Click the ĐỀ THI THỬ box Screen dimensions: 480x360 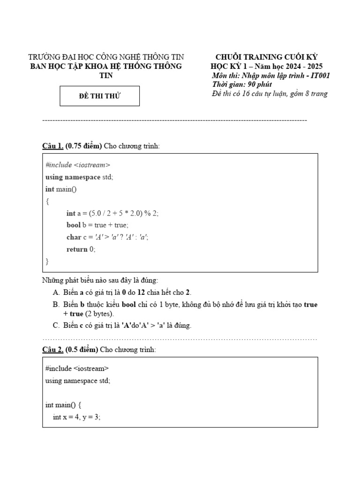point(100,96)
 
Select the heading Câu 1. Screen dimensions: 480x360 point(52,146)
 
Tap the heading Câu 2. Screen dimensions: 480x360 point(52,349)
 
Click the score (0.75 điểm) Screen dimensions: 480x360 point(84,146)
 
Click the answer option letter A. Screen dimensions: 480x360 point(56,292)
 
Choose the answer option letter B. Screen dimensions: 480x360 point(56,304)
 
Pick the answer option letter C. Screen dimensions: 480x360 point(56,325)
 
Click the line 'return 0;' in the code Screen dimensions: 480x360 point(81,249)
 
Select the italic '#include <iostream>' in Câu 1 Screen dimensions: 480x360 point(78,165)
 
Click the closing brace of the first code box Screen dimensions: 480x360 point(47,261)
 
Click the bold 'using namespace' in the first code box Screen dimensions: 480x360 point(73,177)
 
